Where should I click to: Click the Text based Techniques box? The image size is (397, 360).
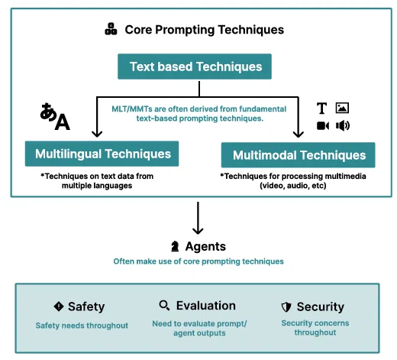pos(195,66)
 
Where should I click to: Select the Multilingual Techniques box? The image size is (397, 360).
pos(102,154)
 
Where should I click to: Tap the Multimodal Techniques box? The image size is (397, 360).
pos(299,155)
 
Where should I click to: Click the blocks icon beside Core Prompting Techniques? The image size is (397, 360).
pos(111,29)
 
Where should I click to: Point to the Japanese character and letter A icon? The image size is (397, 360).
pos(55,116)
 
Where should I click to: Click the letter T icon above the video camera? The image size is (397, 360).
pos(321,108)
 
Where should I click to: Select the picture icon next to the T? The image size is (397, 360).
pos(342,108)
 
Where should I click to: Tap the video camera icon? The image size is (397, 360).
pos(323,125)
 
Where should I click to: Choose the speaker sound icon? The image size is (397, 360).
pos(343,125)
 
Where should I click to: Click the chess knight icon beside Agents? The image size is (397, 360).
pos(175,246)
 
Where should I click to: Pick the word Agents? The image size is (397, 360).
pos(205,246)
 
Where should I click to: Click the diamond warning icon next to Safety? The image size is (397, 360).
pos(59,306)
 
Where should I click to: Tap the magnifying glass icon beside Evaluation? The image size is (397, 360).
pos(164,305)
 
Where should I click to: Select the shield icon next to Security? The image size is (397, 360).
pos(286,307)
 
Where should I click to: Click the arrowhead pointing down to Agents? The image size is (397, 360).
pos(198,231)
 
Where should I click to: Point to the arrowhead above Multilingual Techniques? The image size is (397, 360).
pos(97,134)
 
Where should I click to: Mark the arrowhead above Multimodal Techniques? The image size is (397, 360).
pos(299,135)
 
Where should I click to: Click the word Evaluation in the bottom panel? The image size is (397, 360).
pos(206,306)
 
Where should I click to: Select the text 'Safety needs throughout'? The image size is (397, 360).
pos(82,326)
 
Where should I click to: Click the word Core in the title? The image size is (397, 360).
pos(138,30)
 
